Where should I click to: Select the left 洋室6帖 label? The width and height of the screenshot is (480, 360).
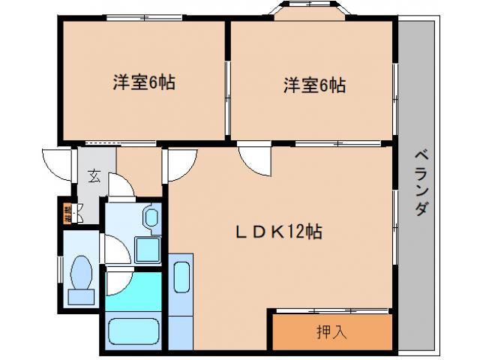tap(145, 83)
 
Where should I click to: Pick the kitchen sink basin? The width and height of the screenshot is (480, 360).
tap(181, 279)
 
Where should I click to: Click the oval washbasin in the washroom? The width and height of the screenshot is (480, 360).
tap(151, 220)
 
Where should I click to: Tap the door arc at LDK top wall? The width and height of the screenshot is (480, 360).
tap(252, 158)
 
